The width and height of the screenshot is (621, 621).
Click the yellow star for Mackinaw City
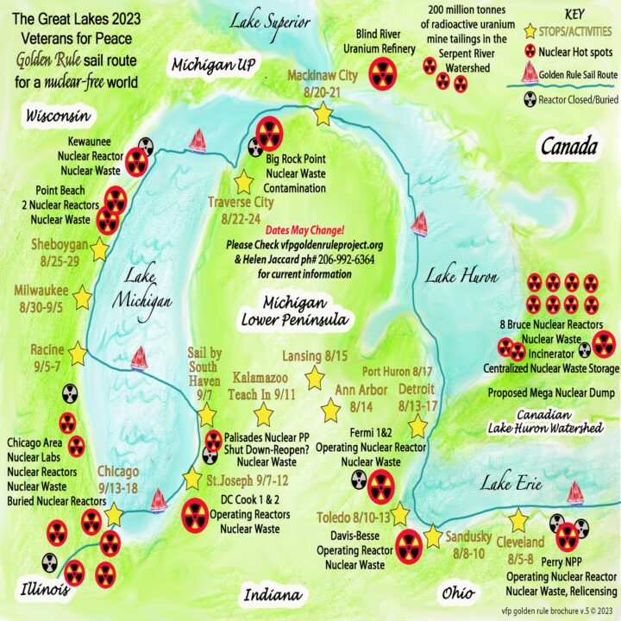323,113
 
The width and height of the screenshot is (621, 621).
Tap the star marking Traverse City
243,181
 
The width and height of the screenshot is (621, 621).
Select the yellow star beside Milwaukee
83,298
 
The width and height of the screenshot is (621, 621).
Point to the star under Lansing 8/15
315,378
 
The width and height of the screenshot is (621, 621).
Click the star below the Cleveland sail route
518,521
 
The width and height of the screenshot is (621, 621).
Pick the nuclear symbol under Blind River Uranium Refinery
382,74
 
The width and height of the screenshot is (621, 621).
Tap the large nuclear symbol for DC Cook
196,514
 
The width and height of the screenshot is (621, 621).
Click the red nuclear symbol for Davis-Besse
408,545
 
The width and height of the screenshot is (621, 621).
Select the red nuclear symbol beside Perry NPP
567,538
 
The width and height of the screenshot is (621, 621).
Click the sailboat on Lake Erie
574,492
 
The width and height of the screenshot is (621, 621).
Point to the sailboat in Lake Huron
420,223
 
